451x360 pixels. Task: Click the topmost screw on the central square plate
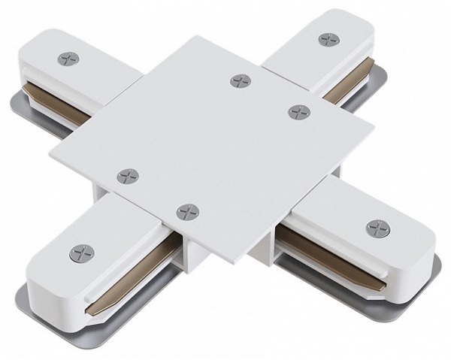point(240,80)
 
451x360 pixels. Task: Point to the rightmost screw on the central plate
point(298,111)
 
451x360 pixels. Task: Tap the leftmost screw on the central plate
point(128,176)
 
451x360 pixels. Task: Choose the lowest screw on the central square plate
point(187,212)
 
